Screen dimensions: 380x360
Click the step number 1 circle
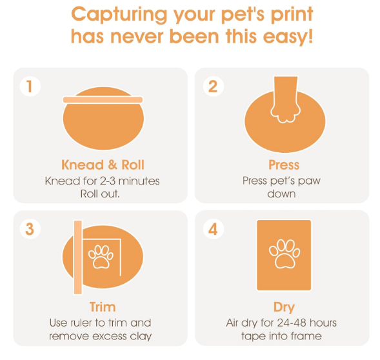[x=30, y=86]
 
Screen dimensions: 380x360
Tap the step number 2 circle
[x=213, y=86]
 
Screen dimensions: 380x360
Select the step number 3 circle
[x=30, y=229]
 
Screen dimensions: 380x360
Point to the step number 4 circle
[x=213, y=229]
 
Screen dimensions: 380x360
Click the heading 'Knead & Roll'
[x=103, y=165]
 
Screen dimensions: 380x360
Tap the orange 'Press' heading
[x=284, y=165]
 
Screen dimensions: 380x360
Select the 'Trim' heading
[x=103, y=307]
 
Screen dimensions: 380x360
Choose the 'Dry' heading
[x=284, y=307]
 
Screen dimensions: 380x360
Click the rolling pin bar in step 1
[x=103, y=99]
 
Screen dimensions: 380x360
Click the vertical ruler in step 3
[x=78, y=257]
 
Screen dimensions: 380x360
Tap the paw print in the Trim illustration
[x=101, y=257]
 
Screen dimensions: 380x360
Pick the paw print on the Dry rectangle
[x=285, y=254]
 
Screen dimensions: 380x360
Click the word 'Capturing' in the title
[x=119, y=15]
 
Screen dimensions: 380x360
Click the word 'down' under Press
[x=281, y=194]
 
